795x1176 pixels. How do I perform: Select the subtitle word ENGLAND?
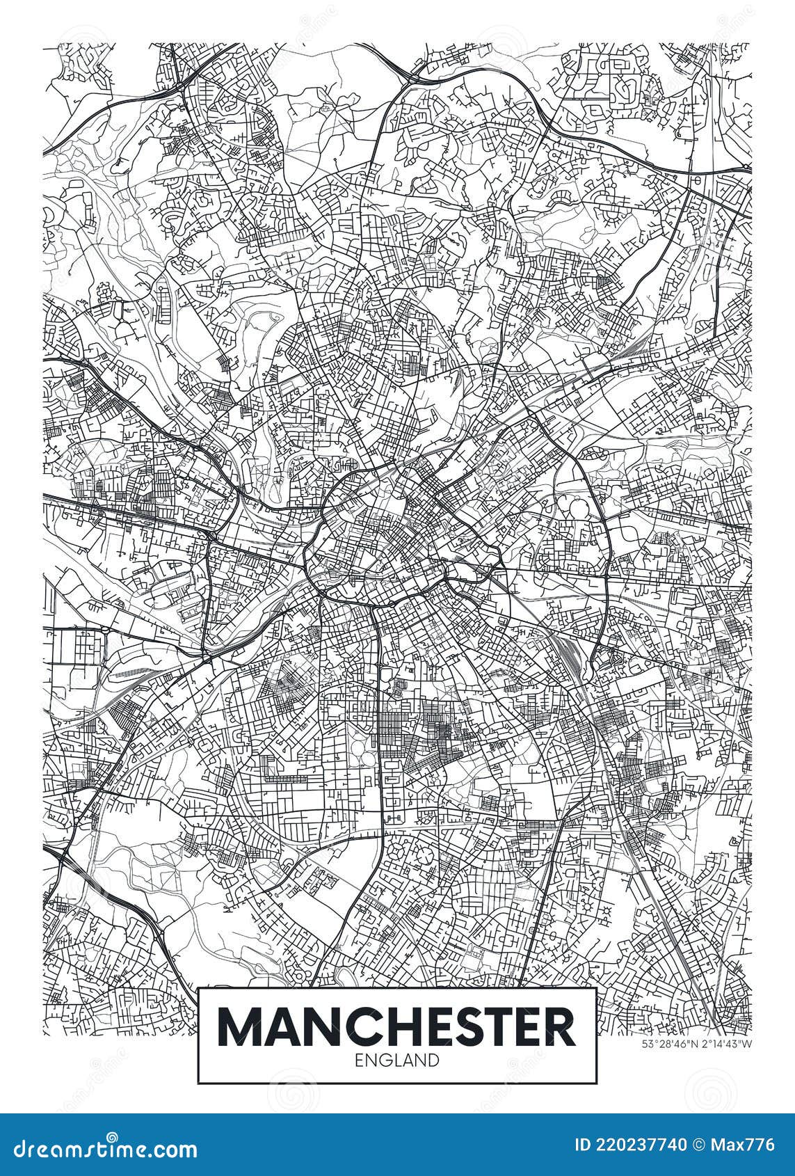click(397, 1060)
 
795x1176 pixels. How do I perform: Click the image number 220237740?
click(641, 1145)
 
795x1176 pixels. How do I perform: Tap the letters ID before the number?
click(582, 1145)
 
